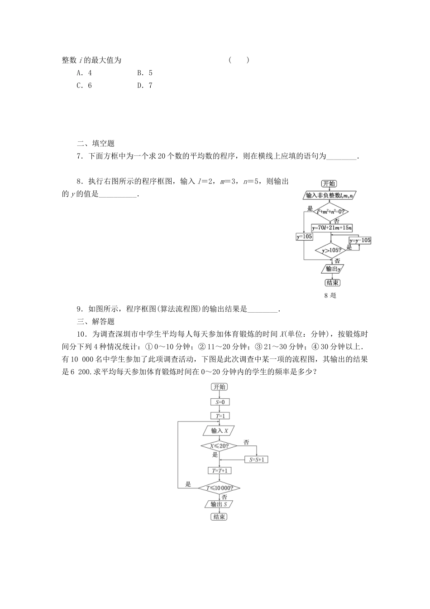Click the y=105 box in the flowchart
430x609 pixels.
click(x=304, y=237)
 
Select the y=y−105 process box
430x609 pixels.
click(x=360, y=240)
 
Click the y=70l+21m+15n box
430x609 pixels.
click(x=332, y=227)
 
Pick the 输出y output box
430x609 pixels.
click(x=333, y=269)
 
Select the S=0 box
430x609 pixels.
click(x=220, y=402)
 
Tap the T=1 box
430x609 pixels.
click(x=220, y=416)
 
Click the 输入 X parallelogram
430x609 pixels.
click(x=220, y=430)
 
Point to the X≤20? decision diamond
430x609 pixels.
click(x=220, y=446)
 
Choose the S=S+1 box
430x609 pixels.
click(x=257, y=459)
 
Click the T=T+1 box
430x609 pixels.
click(x=220, y=471)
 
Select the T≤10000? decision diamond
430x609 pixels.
click(x=220, y=488)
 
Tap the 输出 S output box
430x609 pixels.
click(x=220, y=504)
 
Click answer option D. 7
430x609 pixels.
click(x=144, y=85)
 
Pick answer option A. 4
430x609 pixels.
click(x=84, y=72)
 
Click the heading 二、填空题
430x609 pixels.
click(x=96, y=144)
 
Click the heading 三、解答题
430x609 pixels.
click(x=96, y=322)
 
